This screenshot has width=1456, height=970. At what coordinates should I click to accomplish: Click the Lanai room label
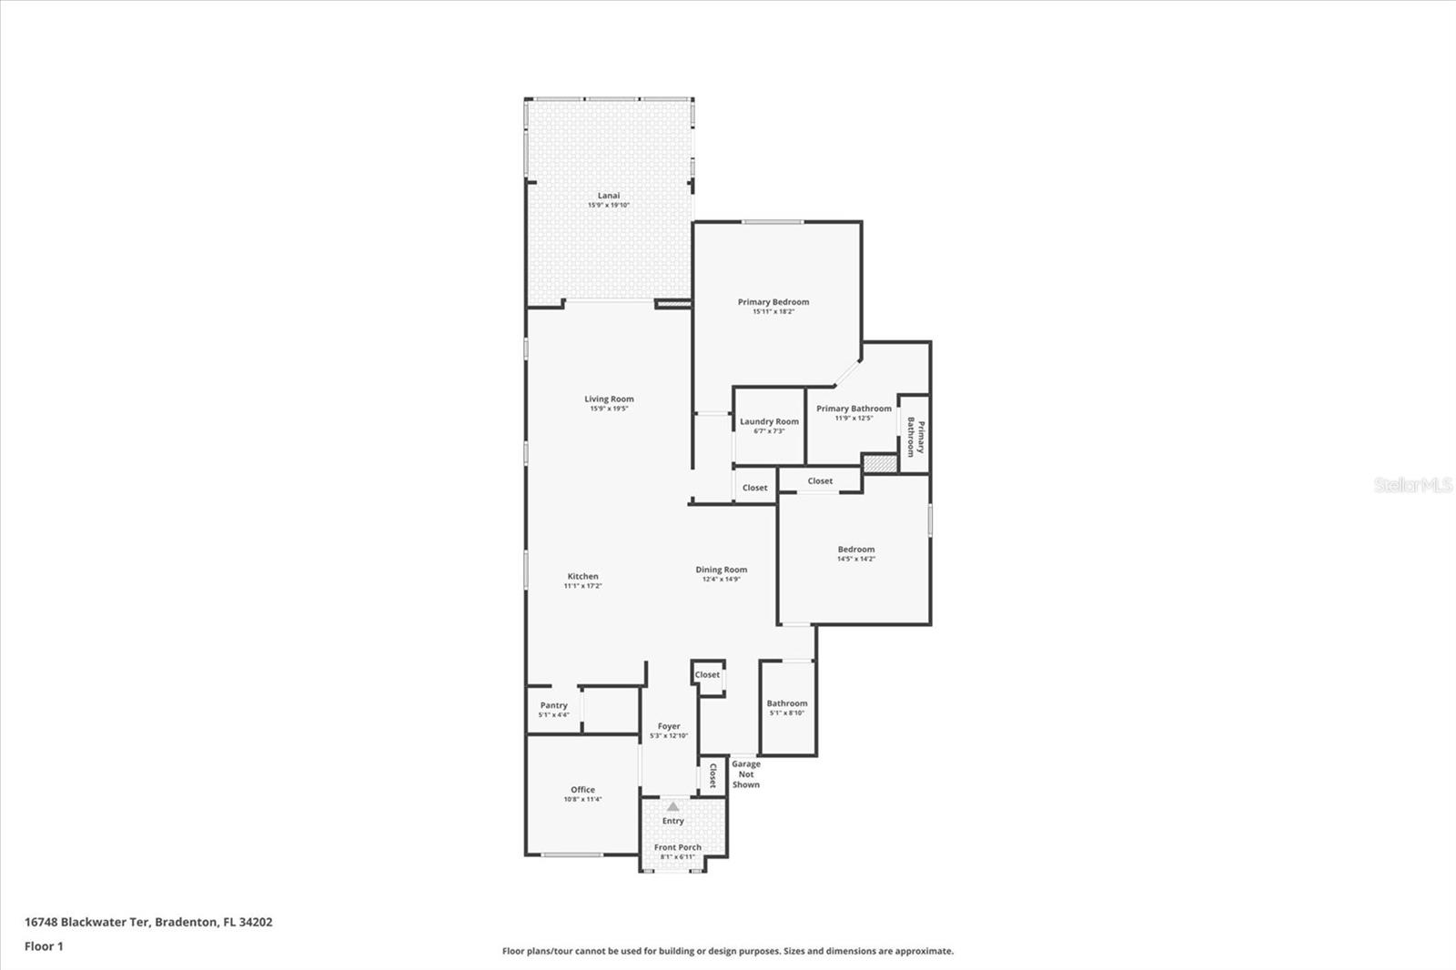pos(609,196)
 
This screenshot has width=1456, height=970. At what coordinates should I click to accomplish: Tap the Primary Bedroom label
pos(773,302)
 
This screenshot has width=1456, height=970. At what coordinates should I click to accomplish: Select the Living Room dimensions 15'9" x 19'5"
pos(609,409)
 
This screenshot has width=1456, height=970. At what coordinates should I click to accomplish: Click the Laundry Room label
pos(769,421)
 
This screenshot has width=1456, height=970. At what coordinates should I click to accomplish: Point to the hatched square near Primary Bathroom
pos(880,463)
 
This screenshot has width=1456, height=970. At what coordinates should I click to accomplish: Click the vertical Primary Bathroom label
pos(915,437)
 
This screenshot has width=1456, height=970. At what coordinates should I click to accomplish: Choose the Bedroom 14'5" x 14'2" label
pos(855,553)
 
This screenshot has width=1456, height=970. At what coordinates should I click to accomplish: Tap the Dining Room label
pos(721,570)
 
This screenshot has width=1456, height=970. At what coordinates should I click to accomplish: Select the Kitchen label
pos(582,576)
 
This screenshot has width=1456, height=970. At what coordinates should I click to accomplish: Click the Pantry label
pos(553,705)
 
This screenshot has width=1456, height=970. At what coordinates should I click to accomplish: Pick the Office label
pos(582,790)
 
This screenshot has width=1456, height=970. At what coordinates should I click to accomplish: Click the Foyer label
pos(669,726)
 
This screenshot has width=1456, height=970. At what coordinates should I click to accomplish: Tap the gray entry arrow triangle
pos(672,806)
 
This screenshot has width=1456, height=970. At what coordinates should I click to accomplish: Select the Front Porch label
pos(677,847)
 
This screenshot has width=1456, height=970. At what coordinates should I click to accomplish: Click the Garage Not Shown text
pos(745,774)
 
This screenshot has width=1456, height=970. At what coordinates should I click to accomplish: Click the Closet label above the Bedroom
pos(819,481)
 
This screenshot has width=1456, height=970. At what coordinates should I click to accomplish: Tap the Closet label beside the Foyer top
pos(707,674)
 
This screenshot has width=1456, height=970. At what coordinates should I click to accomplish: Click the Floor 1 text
pos(44,946)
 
